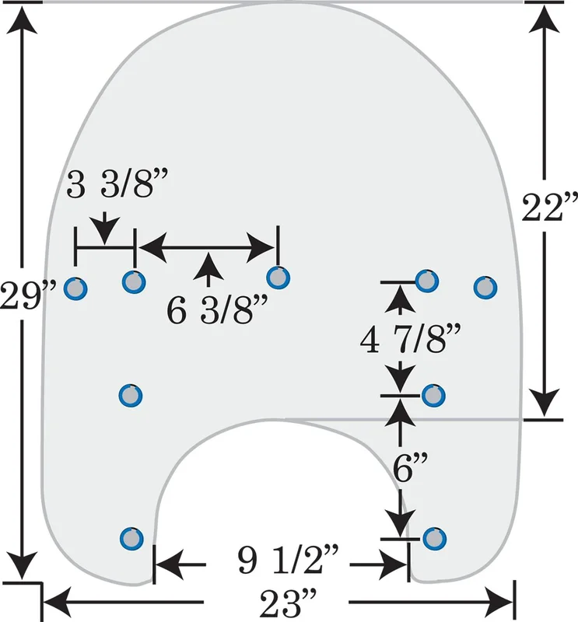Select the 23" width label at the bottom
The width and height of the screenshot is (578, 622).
pos(289,603)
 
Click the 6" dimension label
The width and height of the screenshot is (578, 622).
pos(410,467)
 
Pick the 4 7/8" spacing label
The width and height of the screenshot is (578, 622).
pos(411,338)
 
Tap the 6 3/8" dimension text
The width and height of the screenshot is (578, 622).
pos(217,309)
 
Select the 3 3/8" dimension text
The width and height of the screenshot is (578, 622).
pos(117,183)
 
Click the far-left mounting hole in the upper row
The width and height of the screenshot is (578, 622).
pos(75,288)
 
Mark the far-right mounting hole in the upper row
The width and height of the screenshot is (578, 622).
pos(485,287)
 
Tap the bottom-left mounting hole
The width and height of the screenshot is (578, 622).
pos(131,538)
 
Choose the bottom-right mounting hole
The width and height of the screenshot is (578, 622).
pos(434,539)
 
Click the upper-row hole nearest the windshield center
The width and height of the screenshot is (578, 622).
pos(278,278)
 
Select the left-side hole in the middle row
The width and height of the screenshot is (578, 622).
pos(131,396)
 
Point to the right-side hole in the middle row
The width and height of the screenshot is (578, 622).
pos(433,396)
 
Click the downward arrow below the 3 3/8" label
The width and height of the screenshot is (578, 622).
pos(104,228)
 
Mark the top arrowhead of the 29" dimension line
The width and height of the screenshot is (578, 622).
pos(22,20)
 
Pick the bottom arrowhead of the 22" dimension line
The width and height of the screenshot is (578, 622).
pos(545,401)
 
